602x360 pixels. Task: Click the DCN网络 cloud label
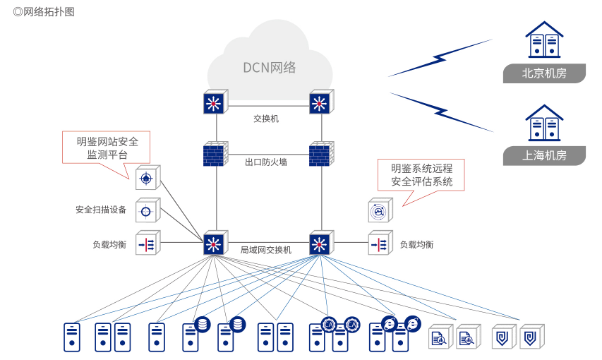(x=270, y=68)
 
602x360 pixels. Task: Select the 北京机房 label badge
(x=543, y=73)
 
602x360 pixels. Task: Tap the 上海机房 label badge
(x=543, y=155)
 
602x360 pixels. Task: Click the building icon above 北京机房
(x=544, y=40)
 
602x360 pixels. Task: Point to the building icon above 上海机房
(x=544, y=124)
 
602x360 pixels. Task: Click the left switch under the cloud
(x=214, y=103)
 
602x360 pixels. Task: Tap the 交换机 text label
(x=266, y=119)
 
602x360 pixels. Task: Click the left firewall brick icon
(x=214, y=155)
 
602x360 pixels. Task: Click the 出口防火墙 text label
(x=266, y=162)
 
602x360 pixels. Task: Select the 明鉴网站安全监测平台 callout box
(x=107, y=148)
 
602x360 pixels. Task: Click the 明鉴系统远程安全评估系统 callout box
(x=421, y=175)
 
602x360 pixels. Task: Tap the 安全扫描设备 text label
(x=101, y=210)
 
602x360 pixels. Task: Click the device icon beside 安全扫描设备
(x=147, y=210)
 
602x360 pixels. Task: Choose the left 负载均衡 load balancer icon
(x=147, y=244)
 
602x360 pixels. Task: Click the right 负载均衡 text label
(x=416, y=244)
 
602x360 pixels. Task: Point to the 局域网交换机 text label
(x=266, y=250)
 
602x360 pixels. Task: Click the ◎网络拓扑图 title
(x=43, y=12)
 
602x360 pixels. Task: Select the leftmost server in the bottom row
(x=72, y=337)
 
